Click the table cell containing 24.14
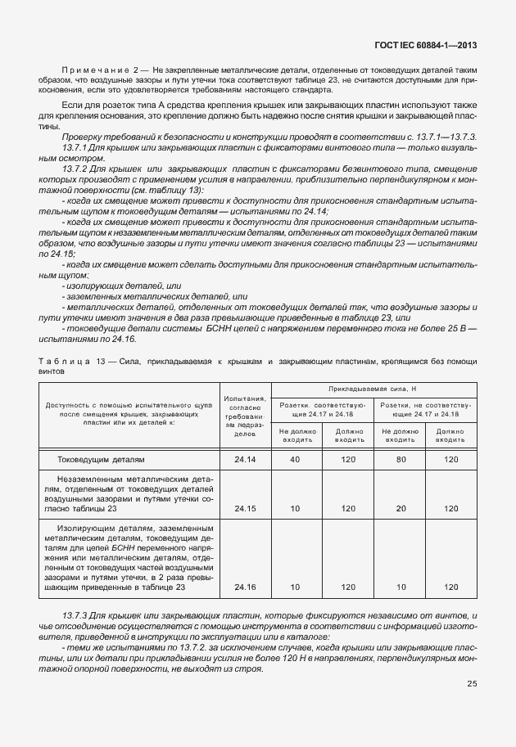tap(245, 460)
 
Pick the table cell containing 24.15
tap(245, 509)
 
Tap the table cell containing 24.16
tap(245, 587)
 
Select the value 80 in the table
tap(401, 460)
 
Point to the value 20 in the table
tap(401, 509)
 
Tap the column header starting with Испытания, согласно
tap(245, 412)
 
